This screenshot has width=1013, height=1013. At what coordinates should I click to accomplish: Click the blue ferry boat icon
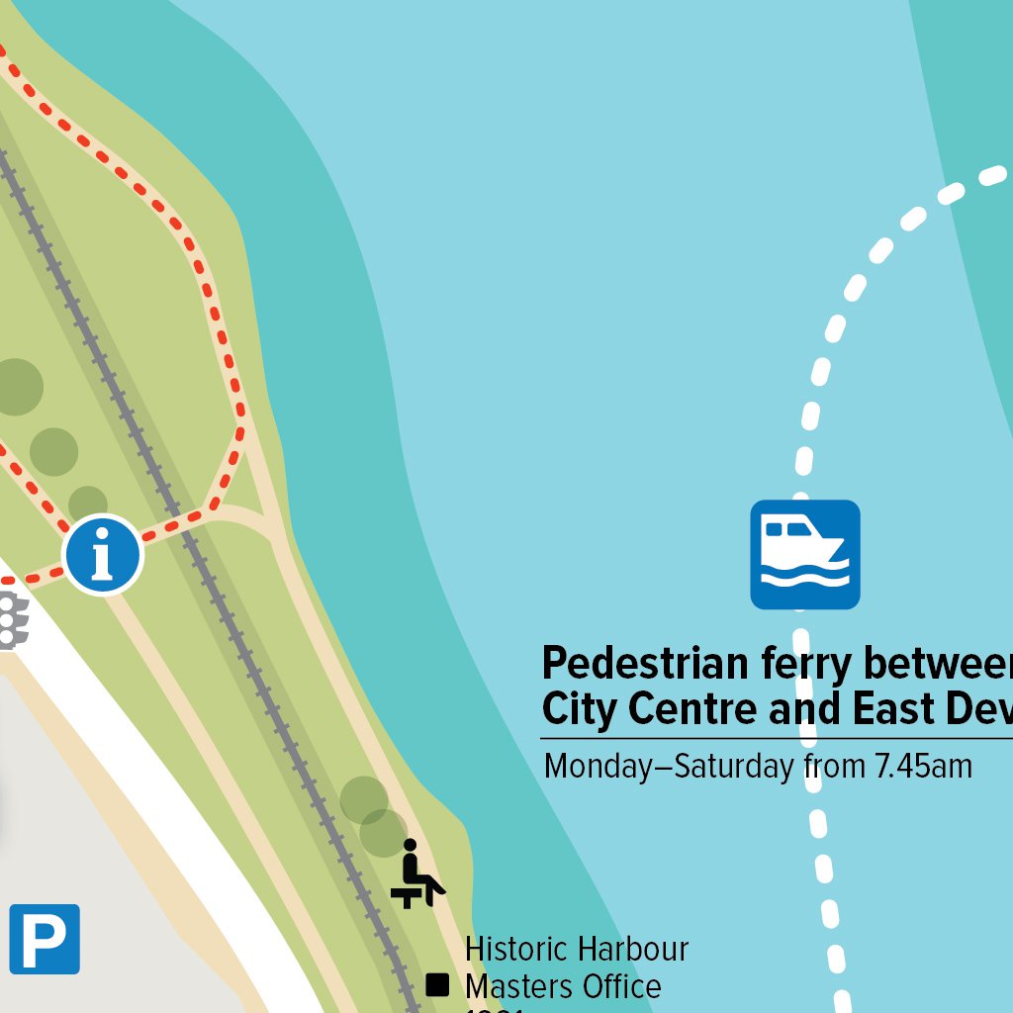804,554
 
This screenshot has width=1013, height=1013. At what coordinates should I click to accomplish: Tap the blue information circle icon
103,555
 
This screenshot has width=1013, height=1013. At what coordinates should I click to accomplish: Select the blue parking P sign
45,939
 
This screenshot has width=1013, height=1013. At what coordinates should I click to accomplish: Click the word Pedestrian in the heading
645,664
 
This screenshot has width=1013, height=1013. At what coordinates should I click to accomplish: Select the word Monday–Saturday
669,766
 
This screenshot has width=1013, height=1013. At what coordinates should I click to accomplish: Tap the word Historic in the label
517,950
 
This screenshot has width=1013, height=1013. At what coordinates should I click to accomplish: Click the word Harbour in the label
633,950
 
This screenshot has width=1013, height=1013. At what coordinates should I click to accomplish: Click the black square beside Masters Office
437,985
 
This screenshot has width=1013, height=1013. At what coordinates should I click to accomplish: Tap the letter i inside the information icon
103,556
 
